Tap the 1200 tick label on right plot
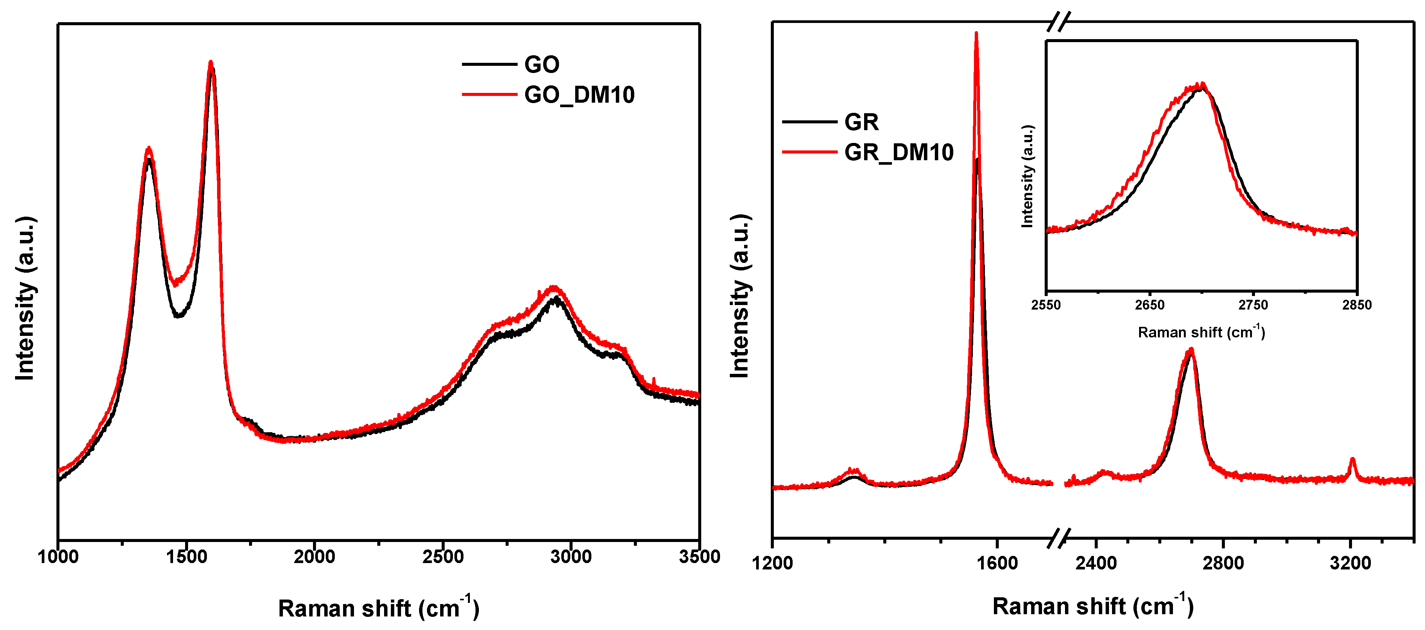pyautogui.click(x=772, y=563)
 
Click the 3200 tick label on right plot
pyautogui.click(x=1350, y=563)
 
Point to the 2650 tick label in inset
pyautogui.click(x=1150, y=305)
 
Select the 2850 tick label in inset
pyautogui.click(x=1357, y=305)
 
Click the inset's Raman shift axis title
pyautogui.click(x=1201, y=332)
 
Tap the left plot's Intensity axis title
pyautogui.click(x=25, y=299)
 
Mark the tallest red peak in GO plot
pyautogui.click(x=210, y=62)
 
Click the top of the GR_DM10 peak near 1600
pyautogui.click(x=976, y=33)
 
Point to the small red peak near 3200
pyautogui.click(x=1352, y=459)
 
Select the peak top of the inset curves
pyautogui.click(x=1202, y=85)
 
